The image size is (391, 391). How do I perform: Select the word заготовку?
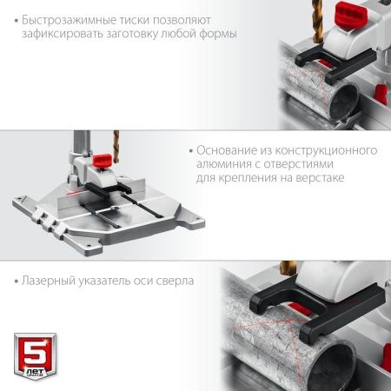point(135,34)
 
